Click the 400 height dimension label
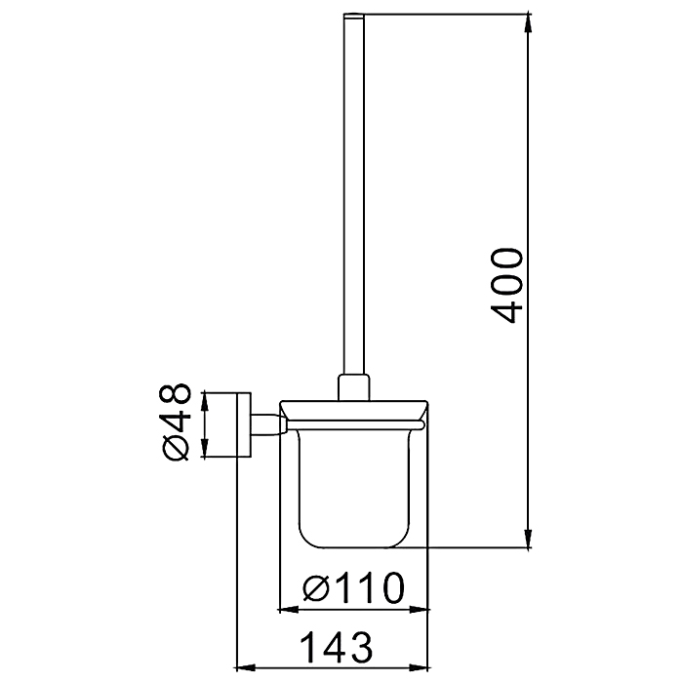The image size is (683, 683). (x=506, y=285)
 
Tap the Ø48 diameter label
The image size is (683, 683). (x=176, y=422)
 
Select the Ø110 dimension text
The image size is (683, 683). (x=353, y=587)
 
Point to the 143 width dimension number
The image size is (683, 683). (x=338, y=648)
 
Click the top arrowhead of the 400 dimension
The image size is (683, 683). (x=529, y=22)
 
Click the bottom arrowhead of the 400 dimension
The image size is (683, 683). (x=529, y=539)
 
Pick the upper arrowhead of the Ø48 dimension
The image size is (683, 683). (x=205, y=401)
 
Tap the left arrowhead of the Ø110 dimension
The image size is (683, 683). (x=288, y=610)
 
